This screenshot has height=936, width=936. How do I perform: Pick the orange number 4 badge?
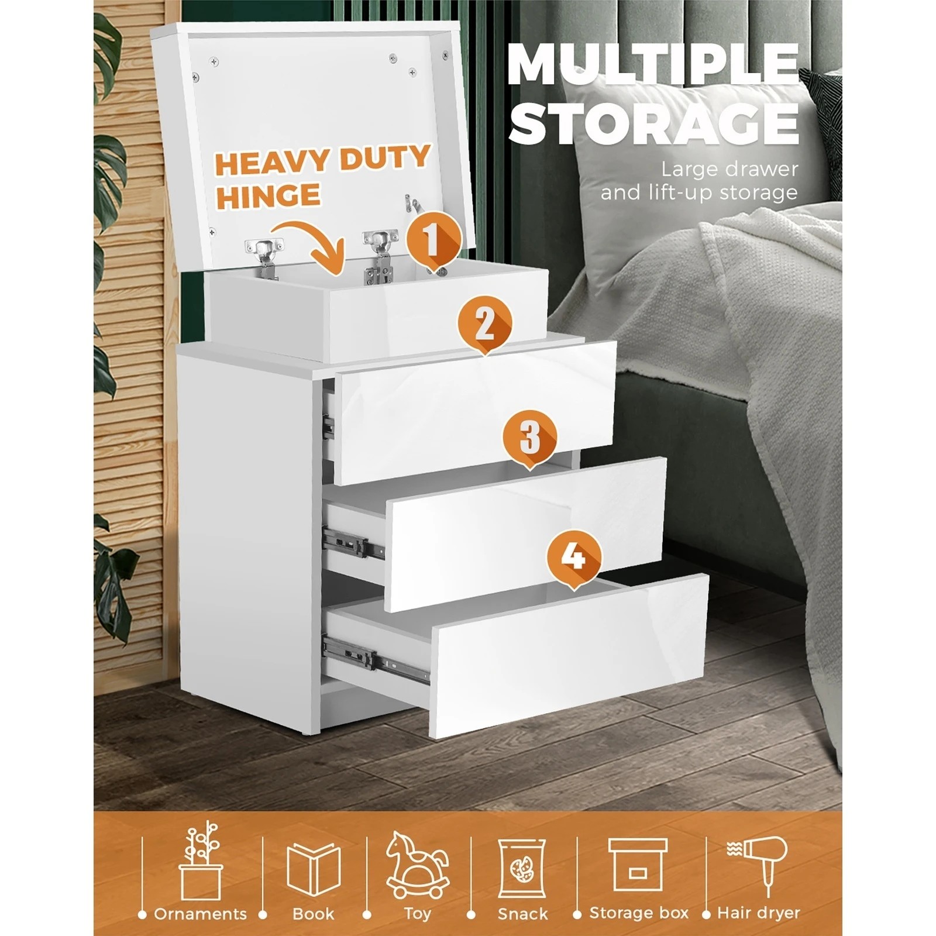[x=574, y=558]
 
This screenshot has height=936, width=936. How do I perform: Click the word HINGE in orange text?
[x=268, y=195]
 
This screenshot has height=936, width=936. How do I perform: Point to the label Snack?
[x=523, y=914]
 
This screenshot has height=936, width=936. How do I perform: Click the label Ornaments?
[x=200, y=914]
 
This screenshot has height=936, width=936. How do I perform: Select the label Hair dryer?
[x=758, y=913]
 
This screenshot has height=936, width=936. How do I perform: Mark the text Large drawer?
[x=729, y=170]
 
